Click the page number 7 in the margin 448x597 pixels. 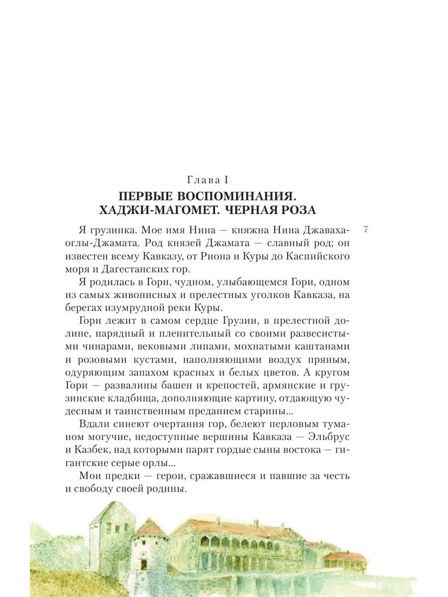[x=366, y=230]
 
